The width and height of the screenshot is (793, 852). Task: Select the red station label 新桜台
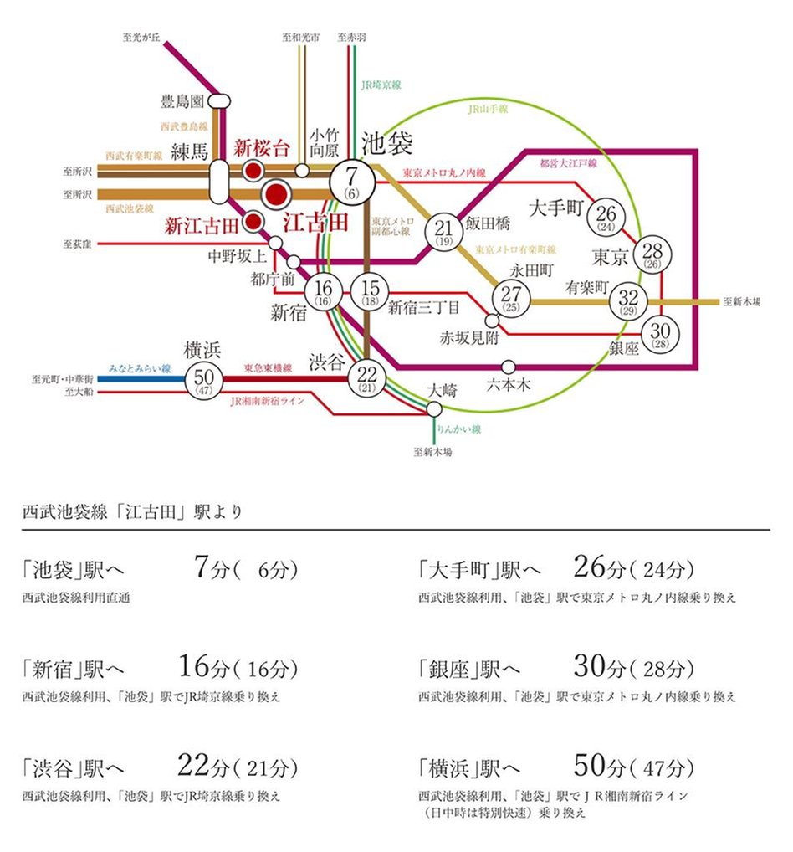(x=261, y=148)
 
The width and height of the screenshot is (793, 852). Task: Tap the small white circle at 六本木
(x=509, y=367)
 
